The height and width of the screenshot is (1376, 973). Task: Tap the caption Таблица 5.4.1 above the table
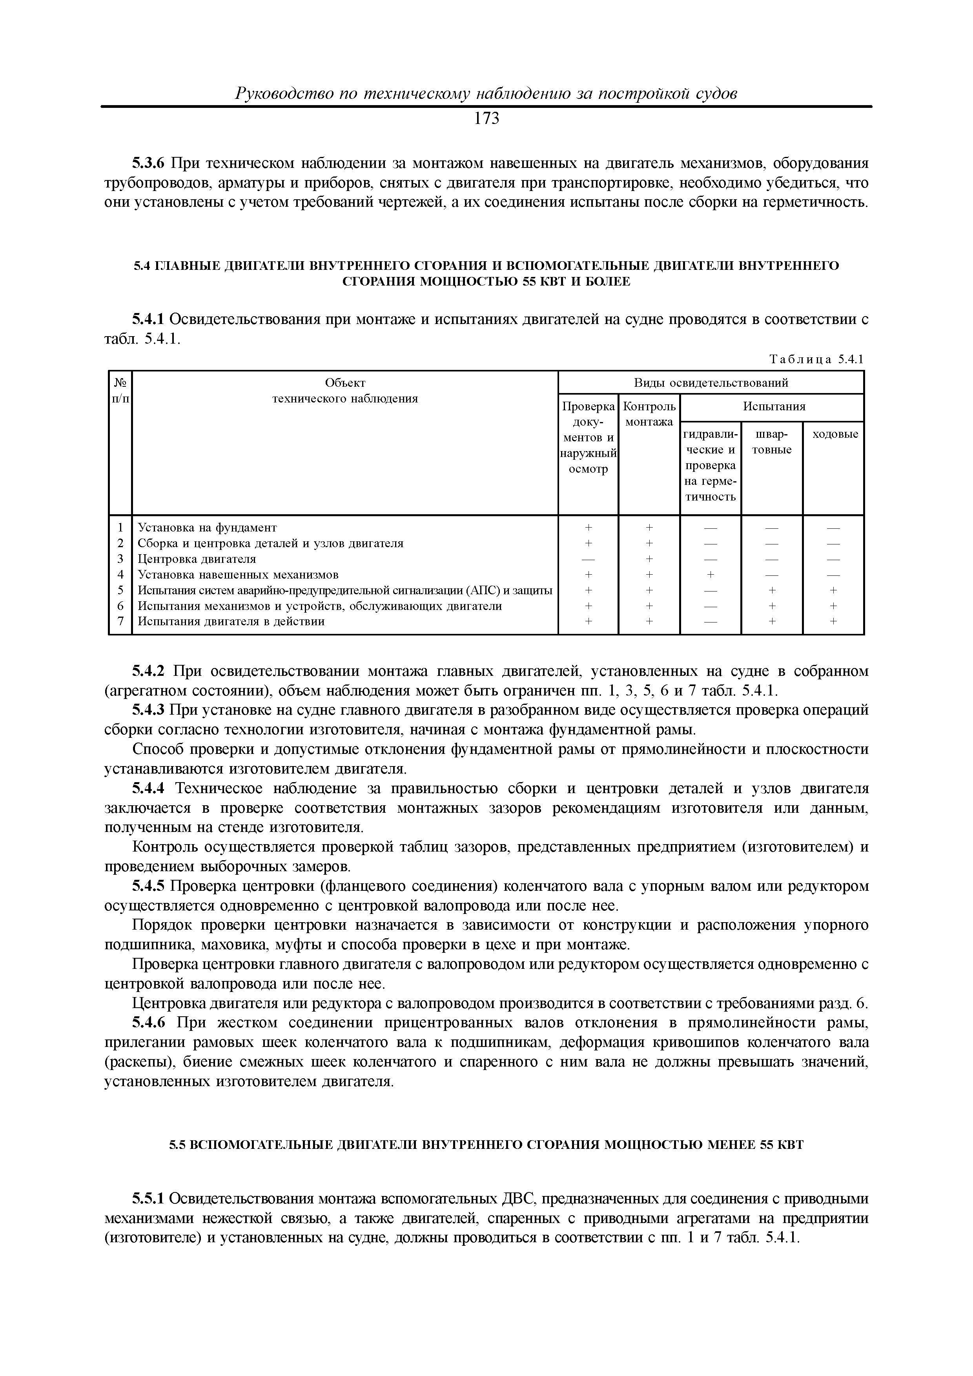(816, 360)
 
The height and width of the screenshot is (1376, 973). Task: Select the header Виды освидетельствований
(711, 383)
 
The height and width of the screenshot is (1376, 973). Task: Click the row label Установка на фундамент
(208, 528)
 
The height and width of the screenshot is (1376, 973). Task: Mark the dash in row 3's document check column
(588, 559)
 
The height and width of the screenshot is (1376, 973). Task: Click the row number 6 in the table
(120, 606)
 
